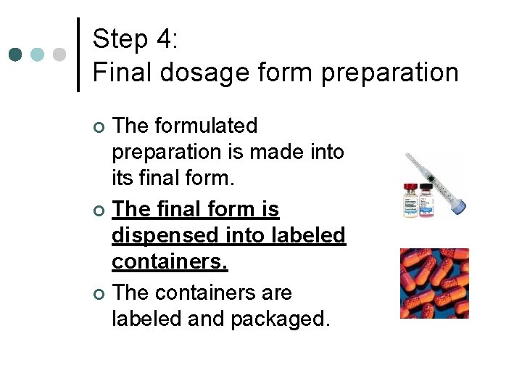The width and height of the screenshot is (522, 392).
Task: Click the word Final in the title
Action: pos(119,72)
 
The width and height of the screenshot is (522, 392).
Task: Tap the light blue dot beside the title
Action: pos(37,54)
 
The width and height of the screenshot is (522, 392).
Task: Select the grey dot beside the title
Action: pos(59,54)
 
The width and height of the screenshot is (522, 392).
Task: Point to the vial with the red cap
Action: pos(411,199)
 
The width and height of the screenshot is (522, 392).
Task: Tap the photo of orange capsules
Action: pos(434,283)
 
